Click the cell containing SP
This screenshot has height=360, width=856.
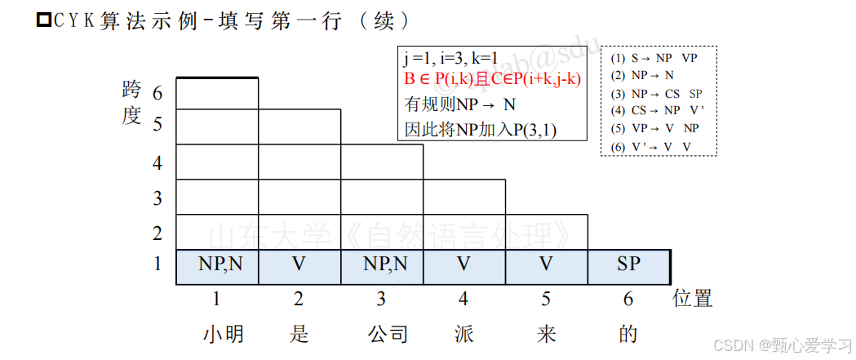(628, 264)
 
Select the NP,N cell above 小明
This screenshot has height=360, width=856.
(217, 264)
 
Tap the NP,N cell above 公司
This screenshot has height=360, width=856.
(381, 264)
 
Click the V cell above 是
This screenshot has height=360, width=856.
(299, 264)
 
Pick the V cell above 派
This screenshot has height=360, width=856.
(463, 264)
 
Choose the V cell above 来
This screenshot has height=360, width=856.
(546, 264)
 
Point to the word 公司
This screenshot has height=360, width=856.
(387, 334)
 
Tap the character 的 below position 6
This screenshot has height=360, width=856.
(628, 334)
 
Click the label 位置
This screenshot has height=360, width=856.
(692, 299)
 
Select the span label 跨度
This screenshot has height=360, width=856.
(131, 103)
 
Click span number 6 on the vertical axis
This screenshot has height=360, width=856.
(157, 93)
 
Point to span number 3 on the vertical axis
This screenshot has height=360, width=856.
(157, 198)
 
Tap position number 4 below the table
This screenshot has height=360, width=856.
(463, 299)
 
